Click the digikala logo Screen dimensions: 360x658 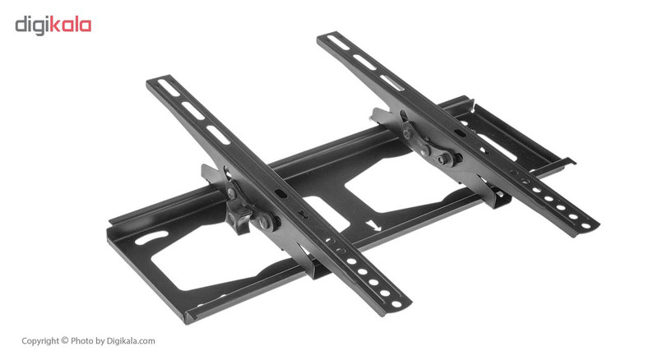click(x=53, y=25)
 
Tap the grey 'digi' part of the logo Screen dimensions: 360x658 click(x=33, y=25)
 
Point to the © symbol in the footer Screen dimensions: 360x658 click(x=65, y=340)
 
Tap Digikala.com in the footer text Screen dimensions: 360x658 click(x=132, y=340)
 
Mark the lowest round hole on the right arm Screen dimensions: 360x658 click(x=585, y=224)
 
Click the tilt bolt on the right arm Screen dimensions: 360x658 click(x=445, y=159)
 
